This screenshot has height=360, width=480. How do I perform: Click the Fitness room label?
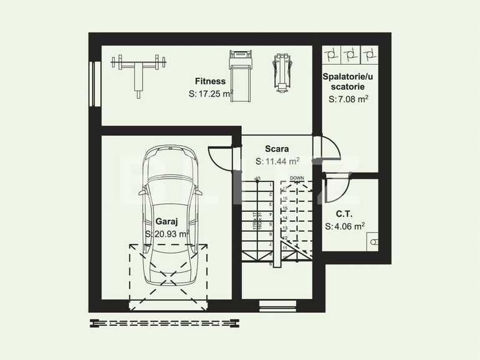[x=210, y=82]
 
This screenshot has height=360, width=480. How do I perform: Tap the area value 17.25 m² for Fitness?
[x=211, y=94]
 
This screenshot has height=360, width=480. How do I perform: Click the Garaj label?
[x=166, y=221]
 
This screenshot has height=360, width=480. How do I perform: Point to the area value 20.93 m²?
[x=166, y=234]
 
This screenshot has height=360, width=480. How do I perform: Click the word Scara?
[x=277, y=149]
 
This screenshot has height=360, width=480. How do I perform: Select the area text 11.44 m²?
[x=277, y=161]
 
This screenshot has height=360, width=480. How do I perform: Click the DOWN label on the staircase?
[x=297, y=178]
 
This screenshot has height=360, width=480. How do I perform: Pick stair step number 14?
[x=285, y=219]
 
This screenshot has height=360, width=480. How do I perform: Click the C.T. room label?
[x=344, y=214]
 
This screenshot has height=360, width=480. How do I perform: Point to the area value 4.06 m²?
[x=345, y=227]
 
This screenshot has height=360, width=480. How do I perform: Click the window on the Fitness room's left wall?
[x=94, y=83]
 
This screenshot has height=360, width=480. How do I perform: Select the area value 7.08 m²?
[x=348, y=99]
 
